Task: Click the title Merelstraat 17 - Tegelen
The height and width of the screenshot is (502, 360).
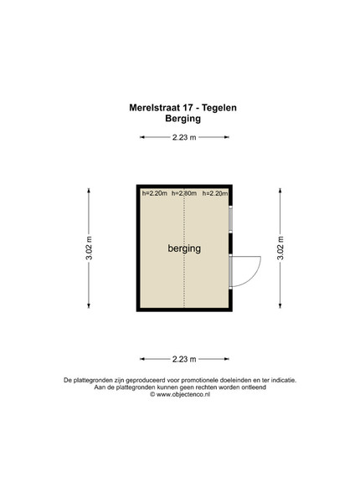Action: tap(183, 108)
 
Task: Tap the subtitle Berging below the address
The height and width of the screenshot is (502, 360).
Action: tap(183, 119)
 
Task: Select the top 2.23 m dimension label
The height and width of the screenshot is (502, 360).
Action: tap(184, 137)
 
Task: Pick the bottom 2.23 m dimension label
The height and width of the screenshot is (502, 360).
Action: tap(184, 359)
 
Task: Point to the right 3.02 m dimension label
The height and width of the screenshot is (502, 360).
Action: tap(280, 248)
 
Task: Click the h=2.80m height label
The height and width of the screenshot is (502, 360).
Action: tap(184, 193)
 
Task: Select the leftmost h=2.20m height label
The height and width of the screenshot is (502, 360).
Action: tap(155, 193)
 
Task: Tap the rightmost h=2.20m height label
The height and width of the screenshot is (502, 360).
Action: tap(215, 193)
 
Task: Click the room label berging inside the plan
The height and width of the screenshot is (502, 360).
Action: tap(184, 248)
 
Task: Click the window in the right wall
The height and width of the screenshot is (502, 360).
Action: tap(230, 219)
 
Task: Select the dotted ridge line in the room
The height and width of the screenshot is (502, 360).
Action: tap(184, 248)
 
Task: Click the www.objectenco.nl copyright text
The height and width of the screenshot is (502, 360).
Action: tap(180, 394)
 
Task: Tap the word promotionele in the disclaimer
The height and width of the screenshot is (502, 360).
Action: tap(200, 381)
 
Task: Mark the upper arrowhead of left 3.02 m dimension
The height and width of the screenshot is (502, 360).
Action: tap(89, 191)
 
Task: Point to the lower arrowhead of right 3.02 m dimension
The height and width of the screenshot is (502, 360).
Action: tap(280, 305)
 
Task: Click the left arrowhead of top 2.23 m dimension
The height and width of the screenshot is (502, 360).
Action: tap(142, 137)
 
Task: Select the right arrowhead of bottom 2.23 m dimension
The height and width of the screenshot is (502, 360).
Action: tap(226, 359)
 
